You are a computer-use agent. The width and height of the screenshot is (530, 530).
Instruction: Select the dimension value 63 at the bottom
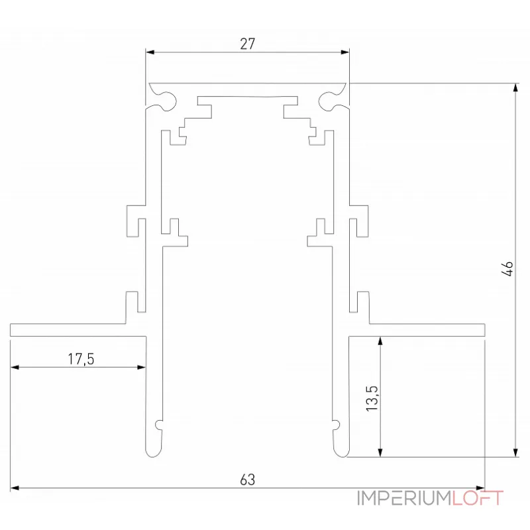click(x=248, y=479)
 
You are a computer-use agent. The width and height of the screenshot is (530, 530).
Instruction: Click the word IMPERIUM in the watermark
click(x=404, y=498)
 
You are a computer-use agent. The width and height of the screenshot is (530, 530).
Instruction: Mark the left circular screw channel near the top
click(x=164, y=100)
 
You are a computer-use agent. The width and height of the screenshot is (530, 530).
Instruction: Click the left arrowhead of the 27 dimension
click(x=149, y=51)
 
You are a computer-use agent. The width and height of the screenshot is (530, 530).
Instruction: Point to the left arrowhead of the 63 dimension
click(x=14, y=488)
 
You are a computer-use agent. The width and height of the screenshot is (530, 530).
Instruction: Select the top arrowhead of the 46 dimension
click(x=516, y=87)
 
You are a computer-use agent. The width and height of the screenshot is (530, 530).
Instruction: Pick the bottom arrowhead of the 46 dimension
click(x=516, y=453)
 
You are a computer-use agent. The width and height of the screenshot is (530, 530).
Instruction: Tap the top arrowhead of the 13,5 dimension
click(x=380, y=340)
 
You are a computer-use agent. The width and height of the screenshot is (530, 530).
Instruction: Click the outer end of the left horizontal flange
click(x=12, y=329)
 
